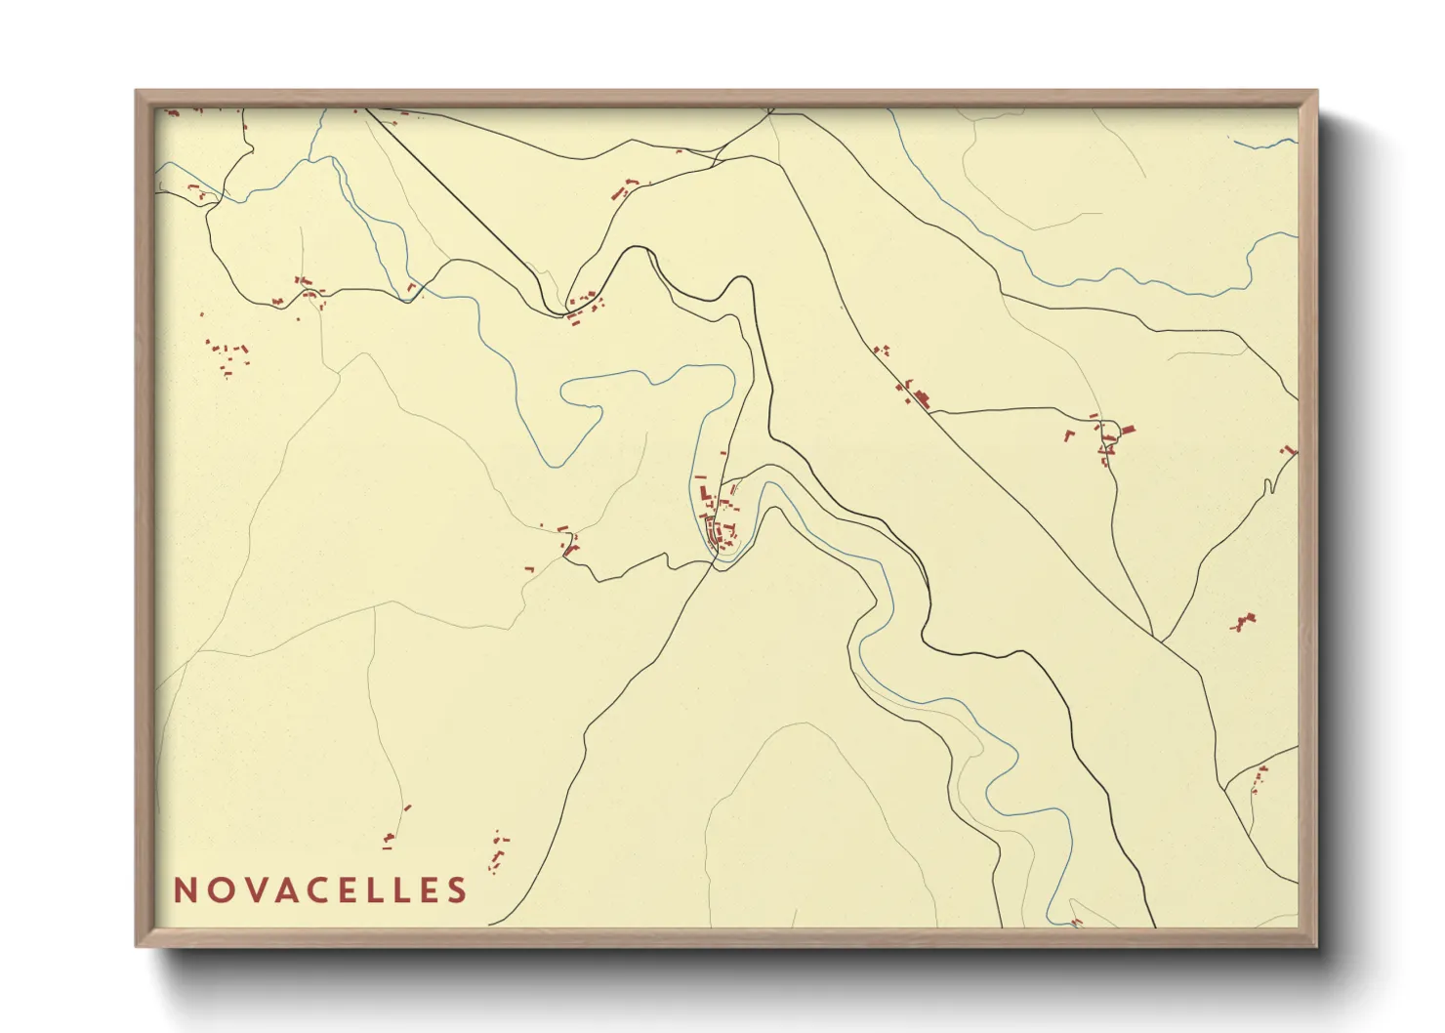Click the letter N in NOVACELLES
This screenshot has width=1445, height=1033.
(185, 890)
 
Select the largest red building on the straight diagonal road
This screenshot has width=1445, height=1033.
(921, 398)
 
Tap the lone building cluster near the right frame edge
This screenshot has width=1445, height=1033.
(1244, 622)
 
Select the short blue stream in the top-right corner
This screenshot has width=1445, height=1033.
(1267, 145)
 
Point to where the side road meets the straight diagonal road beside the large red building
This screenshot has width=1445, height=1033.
(932, 413)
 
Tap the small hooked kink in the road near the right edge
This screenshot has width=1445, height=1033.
(1268, 486)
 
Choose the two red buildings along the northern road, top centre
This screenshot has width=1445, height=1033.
(625, 187)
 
